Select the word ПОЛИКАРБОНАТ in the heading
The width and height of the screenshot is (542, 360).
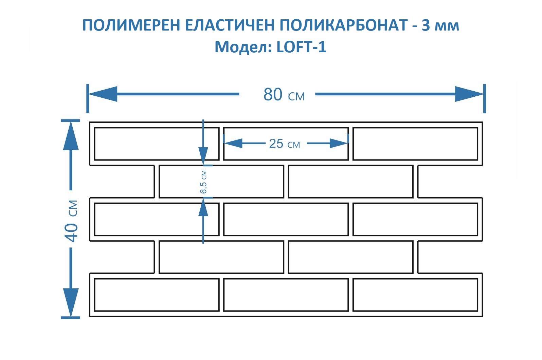pos(344,25)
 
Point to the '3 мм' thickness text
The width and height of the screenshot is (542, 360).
pos(440,25)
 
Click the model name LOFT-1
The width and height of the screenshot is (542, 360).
pos(301,47)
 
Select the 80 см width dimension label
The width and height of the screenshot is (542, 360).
pos(284,95)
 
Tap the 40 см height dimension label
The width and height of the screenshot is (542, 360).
pos(72,221)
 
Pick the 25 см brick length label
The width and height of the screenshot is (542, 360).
pos(284,144)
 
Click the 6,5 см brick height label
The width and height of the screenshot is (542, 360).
pos(203,182)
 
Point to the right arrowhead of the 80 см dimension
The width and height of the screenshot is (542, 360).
pos(469,94)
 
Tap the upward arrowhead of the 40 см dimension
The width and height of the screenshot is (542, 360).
pos(71,136)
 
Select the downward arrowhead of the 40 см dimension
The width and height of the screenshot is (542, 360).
pos(71,302)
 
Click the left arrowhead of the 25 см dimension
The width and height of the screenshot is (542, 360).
pos(233,143)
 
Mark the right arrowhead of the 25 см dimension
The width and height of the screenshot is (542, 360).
pos(339,143)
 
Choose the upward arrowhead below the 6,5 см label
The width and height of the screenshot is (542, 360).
pos(203,207)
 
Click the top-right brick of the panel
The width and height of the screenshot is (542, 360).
pos(415,144)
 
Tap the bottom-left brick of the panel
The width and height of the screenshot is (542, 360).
pos(157,295)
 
